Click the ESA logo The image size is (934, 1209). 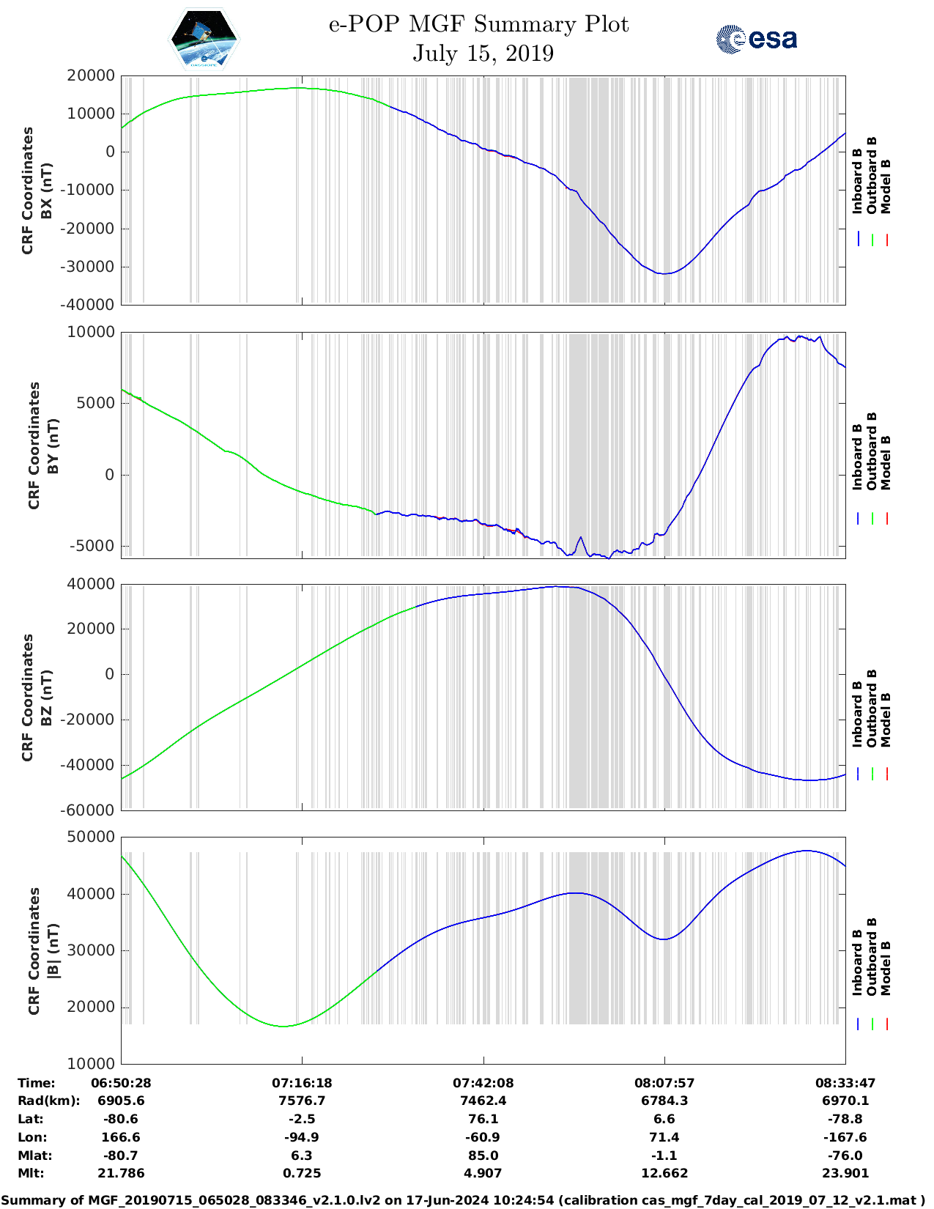point(757,39)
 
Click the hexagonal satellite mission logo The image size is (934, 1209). point(204,39)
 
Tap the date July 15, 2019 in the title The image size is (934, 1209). point(483,53)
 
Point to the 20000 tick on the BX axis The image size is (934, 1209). point(91,75)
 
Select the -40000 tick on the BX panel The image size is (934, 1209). point(91,305)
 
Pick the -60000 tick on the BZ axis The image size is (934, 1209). point(91,810)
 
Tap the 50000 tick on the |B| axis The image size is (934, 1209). point(91,837)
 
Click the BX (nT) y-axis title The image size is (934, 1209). point(46,191)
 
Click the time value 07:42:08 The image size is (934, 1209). point(483,1083)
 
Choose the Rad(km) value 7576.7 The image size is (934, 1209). point(302,1101)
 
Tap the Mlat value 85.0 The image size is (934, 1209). point(483,1156)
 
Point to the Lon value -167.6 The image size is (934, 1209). point(845,1137)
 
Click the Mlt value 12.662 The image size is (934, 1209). point(664,1173)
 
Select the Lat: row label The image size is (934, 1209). point(31,1119)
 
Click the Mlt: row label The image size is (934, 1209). point(31,1173)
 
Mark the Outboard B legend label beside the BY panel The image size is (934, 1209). point(872,451)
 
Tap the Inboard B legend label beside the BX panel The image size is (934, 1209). point(858,181)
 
